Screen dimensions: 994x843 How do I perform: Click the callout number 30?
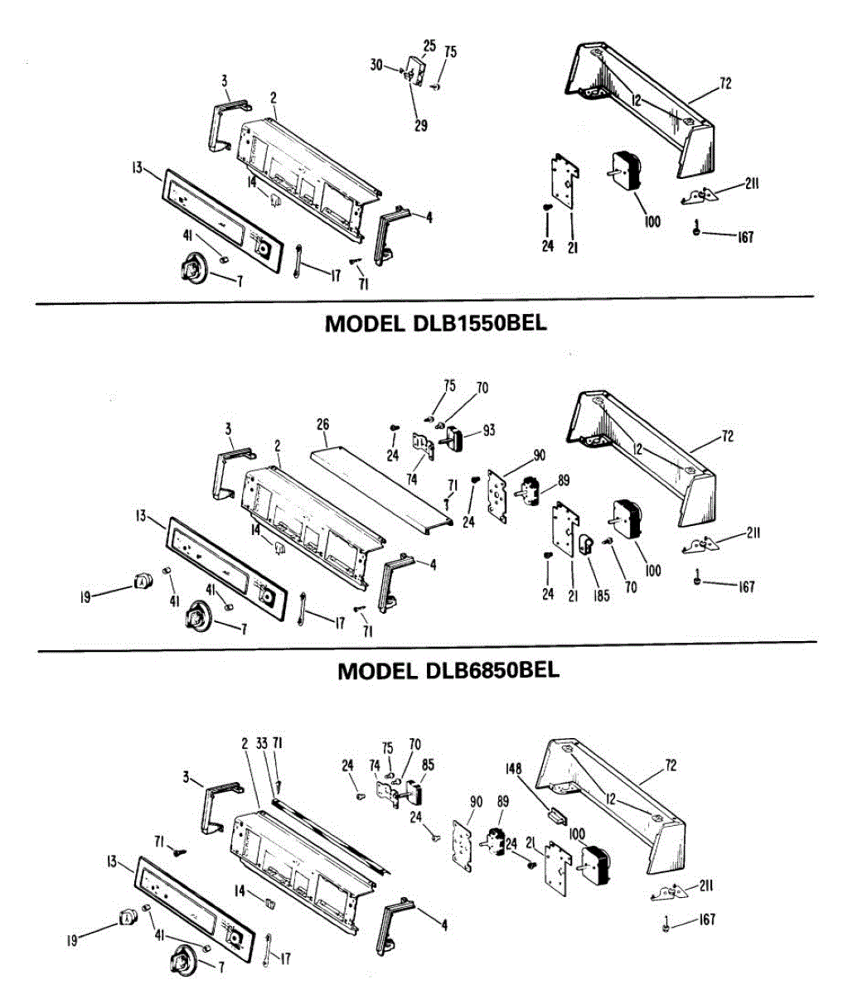376,65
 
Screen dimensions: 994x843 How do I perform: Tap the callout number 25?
429,45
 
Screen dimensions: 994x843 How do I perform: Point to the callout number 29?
421,126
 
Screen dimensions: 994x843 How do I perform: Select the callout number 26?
322,425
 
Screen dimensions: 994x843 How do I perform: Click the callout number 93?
488,430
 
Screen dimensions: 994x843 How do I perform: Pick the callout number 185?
601,596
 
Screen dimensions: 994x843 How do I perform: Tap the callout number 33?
262,744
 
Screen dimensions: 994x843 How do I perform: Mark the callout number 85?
428,765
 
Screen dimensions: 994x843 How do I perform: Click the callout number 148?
514,769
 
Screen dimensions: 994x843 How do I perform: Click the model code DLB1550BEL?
479,322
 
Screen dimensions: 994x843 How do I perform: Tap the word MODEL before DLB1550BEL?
364,322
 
